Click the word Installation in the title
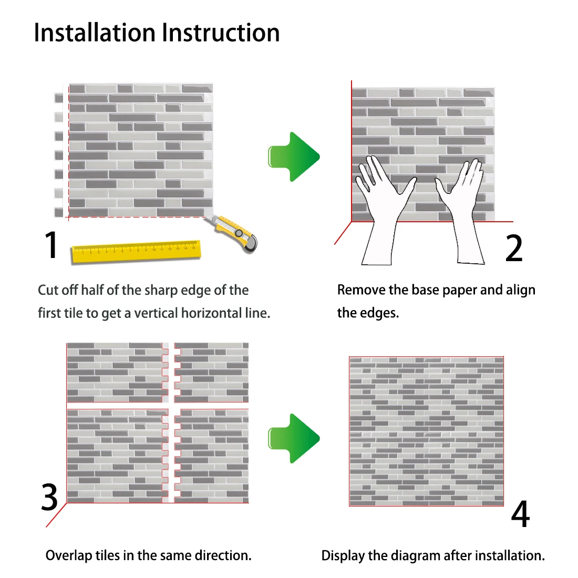point(95,33)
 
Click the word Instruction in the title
point(221,33)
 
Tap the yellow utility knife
point(232,233)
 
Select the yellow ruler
point(137,252)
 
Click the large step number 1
point(51,245)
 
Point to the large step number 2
point(514,247)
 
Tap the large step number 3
point(49,497)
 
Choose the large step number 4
point(520,514)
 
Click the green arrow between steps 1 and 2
point(294,157)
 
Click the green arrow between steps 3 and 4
point(294,438)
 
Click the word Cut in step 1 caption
point(48,290)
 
